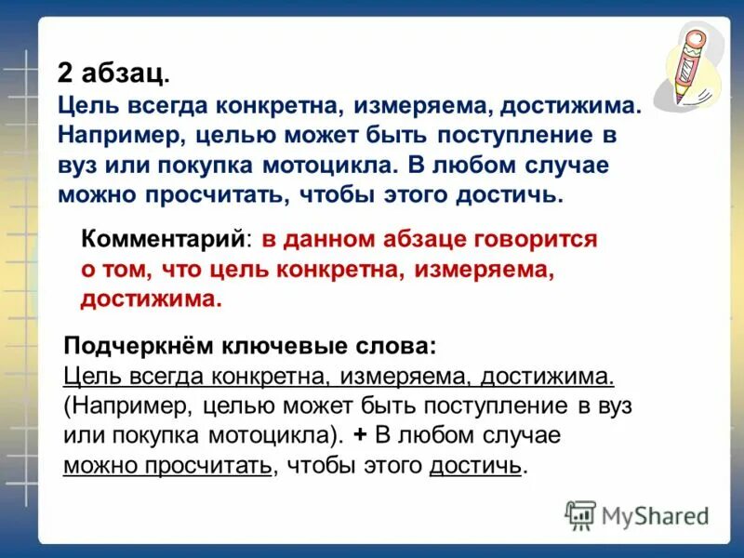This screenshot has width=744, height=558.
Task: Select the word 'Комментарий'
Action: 164,239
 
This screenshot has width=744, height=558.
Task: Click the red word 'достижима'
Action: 150,299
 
